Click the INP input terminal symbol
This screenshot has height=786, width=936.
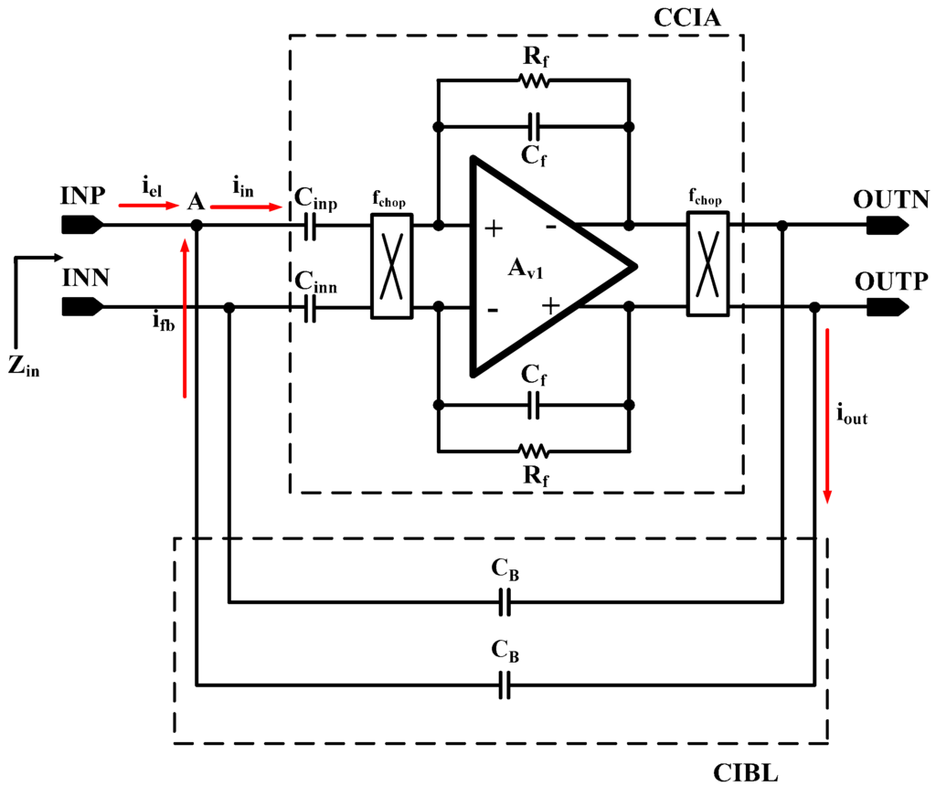[x=81, y=225]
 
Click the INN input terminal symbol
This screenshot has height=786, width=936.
[x=81, y=308]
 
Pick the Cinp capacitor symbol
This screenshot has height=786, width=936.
[x=309, y=226]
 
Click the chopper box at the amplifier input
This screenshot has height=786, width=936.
[x=391, y=267]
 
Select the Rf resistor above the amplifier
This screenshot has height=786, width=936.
[x=534, y=81]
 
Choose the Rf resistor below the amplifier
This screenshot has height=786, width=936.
[x=534, y=451]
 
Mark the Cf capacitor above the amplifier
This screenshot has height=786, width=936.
[x=534, y=124]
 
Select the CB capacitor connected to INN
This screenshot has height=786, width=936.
[x=503, y=602]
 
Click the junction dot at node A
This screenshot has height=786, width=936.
[x=197, y=225]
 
